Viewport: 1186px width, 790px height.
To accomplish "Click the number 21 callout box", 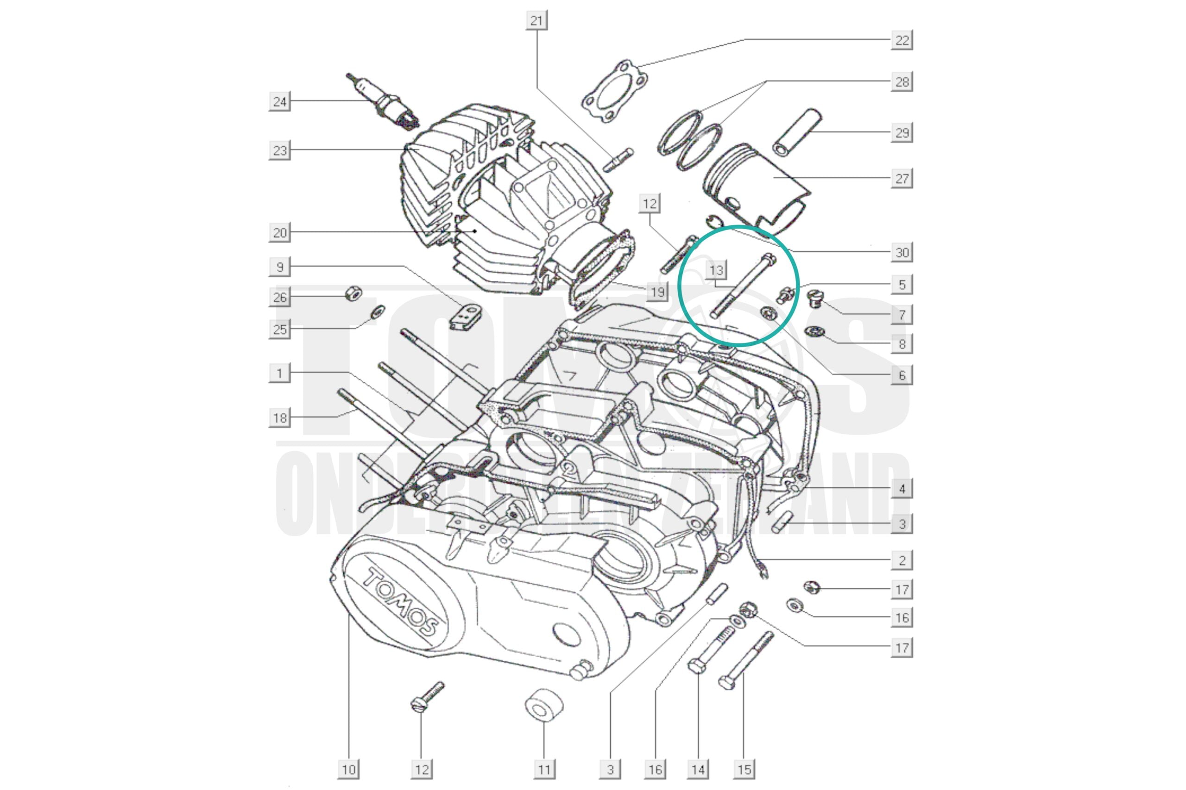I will click(x=536, y=21).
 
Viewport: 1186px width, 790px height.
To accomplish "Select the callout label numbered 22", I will click(x=902, y=40).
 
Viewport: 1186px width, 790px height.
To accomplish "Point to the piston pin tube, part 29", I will click(x=797, y=132).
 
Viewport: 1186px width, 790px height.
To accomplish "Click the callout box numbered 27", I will click(x=902, y=178).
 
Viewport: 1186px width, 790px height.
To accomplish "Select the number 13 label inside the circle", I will click(x=716, y=270).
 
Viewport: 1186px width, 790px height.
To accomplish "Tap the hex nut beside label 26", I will click(x=353, y=293).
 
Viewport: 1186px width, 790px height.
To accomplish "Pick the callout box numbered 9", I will click(x=280, y=267).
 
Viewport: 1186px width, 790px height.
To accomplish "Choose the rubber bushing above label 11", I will click(x=543, y=704).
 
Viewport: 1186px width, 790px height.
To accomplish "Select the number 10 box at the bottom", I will click(x=348, y=769).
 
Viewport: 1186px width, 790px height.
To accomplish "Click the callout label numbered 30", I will click(x=902, y=252).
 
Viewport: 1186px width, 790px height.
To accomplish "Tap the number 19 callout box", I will click(x=657, y=292).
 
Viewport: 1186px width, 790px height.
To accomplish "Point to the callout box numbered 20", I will click(x=280, y=233).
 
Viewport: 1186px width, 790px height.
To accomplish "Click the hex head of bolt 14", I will click(x=697, y=666).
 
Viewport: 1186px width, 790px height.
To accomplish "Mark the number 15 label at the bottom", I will click(x=744, y=769).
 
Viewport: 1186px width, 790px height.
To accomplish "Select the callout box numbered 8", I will click(x=902, y=344).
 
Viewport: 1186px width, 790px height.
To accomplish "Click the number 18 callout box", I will click(x=280, y=417).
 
